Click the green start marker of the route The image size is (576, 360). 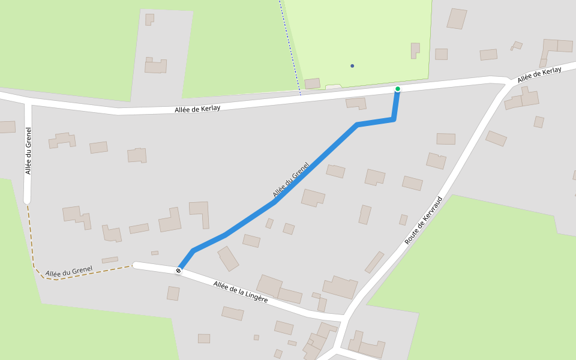pos(397,89)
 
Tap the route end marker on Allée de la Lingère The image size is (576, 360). pos(178,271)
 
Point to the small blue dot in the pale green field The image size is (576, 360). pos(352,65)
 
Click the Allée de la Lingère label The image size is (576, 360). pos(241,291)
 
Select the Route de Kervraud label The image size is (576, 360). pos(424,220)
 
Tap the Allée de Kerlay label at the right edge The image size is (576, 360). pos(539,74)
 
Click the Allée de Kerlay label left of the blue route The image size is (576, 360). pos(197,109)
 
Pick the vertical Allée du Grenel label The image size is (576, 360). pos(28,151)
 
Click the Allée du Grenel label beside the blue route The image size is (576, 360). pos(290,180)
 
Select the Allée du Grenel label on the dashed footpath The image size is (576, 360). pos(69,272)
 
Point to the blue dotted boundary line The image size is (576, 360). pos(290,48)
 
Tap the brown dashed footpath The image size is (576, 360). pos(31,240)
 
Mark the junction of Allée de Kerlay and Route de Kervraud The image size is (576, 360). pos(509,83)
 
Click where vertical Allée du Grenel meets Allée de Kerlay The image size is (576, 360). pos(28,101)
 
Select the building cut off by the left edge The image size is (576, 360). pos(7,127)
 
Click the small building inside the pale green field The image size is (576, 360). pos(415,50)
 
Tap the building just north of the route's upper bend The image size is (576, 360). pos(356,103)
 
